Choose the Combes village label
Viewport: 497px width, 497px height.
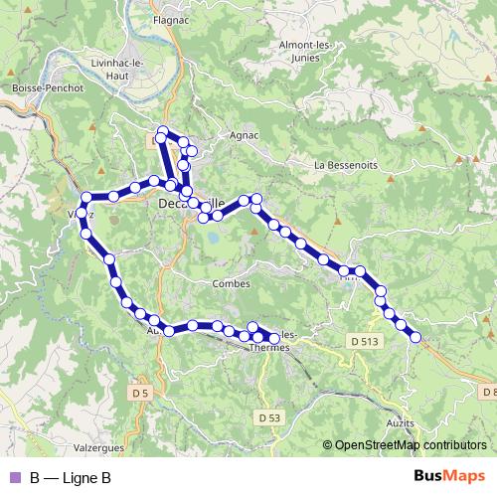[231, 283]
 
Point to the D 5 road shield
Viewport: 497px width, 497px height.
[141, 394]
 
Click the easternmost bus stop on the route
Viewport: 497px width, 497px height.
[415, 338]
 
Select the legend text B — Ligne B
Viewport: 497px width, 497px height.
[70, 478]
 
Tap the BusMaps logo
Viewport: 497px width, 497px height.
[450, 478]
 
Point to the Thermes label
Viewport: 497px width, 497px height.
[269, 348]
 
